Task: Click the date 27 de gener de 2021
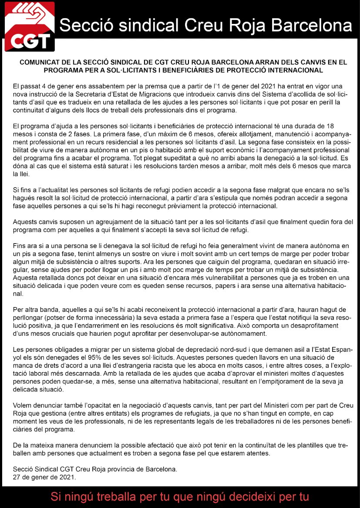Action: [x=44, y=477]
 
